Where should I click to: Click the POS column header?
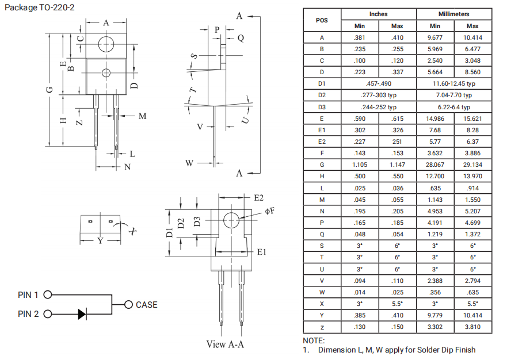(322, 20)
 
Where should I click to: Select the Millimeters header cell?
(453, 14)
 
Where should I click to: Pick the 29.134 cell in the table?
(472, 164)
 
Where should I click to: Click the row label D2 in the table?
(322, 95)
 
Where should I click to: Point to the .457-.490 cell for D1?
(378, 84)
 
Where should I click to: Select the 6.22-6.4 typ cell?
(453, 107)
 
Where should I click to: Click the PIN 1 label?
(28, 295)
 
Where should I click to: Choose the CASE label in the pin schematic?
(146, 305)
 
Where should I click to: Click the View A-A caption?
(225, 344)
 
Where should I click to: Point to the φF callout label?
(269, 211)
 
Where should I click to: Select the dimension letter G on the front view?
(50, 90)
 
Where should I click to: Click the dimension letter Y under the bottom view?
(100, 240)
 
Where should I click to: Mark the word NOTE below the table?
(314, 341)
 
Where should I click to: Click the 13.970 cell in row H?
(472, 176)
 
